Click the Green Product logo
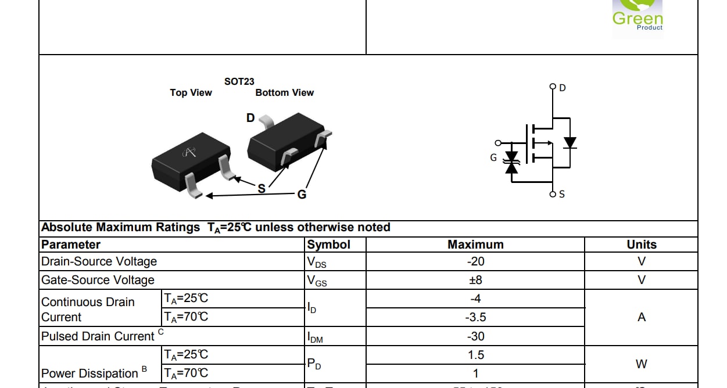[637, 19]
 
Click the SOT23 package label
[239, 82]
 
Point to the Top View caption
[191, 92]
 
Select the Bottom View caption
[284, 92]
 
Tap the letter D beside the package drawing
[250, 118]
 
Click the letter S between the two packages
[262, 188]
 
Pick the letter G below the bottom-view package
[302, 195]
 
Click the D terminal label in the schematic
[562, 88]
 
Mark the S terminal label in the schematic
[561, 194]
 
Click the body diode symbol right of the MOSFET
[570, 142]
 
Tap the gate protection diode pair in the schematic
[512, 162]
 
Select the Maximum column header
[475, 245]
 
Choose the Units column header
[641, 245]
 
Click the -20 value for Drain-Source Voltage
[475, 261]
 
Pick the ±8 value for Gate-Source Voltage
[475, 280]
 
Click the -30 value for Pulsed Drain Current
[475, 336]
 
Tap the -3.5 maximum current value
[475, 317]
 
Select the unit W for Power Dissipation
[641, 364]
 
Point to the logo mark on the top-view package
[189, 153]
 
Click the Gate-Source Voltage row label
[98, 280]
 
